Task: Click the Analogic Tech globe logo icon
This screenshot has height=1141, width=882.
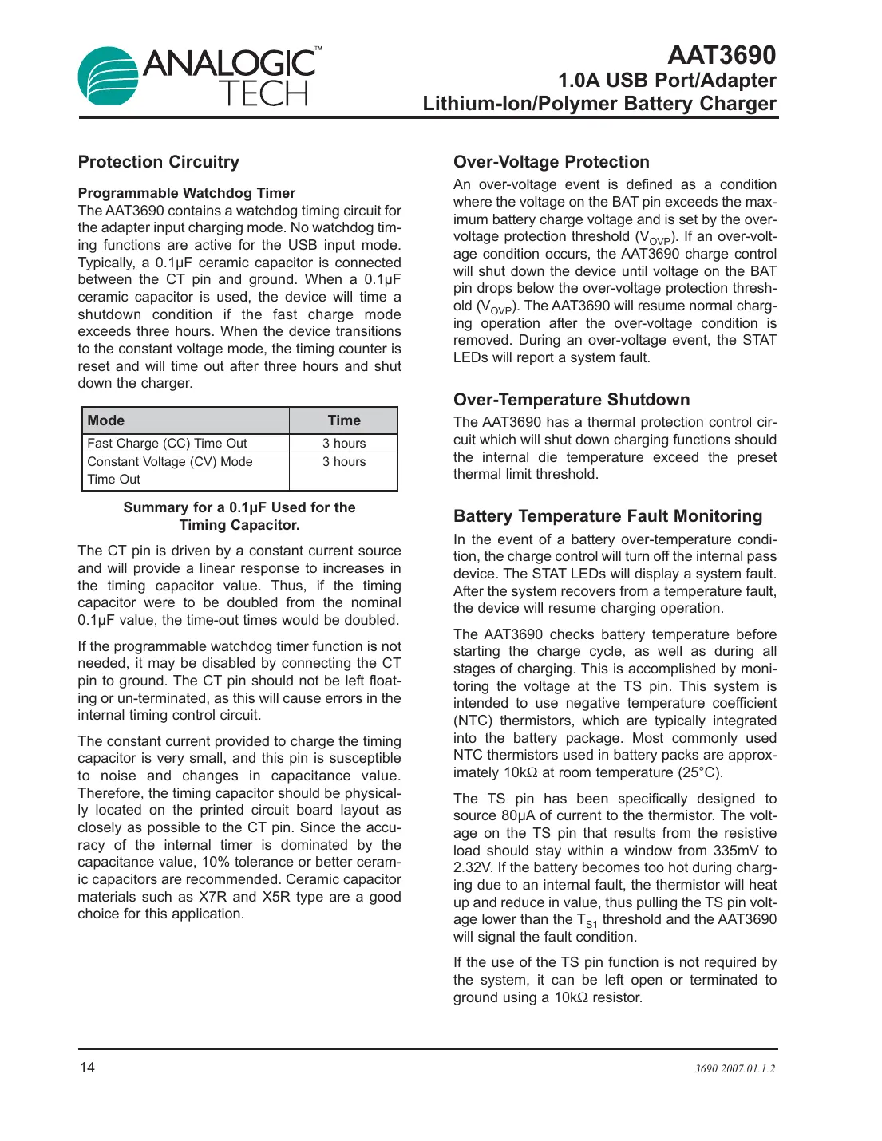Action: pos(109,77)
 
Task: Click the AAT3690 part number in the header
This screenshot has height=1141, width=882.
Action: pos(721,55)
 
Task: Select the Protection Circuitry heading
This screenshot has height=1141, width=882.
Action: pos(158,162)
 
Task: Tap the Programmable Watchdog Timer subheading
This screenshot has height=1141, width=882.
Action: pos(186,193)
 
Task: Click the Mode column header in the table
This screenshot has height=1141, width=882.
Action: pos(106,420)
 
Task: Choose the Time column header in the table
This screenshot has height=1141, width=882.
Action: pos(344,420)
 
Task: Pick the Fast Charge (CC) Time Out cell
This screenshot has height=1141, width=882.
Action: pos(167,444)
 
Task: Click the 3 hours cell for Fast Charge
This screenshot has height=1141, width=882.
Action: pos(344,444)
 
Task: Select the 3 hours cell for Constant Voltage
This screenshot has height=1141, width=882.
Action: pos(344,462)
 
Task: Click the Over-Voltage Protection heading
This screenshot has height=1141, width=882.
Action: pos(551,162)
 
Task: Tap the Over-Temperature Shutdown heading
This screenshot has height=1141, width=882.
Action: pos(572,400)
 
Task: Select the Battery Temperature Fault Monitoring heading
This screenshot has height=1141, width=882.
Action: pos(607,516)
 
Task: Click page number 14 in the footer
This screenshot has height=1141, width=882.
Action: pos(87,1068)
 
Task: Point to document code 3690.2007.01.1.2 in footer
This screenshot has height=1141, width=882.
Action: pos(734,1068)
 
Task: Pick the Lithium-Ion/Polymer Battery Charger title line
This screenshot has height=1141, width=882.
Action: pos(599,104)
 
